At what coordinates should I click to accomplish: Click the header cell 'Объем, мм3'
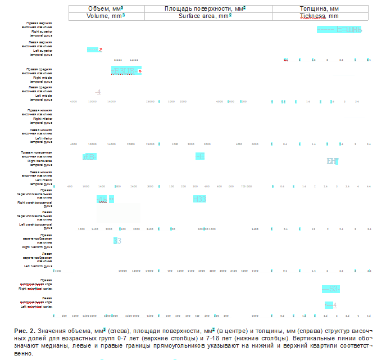(x=106, y=9)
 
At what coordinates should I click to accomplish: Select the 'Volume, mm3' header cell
(x=106, y=17)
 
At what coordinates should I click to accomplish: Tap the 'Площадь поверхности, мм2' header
(x=208, y=9)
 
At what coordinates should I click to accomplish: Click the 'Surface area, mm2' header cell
(x=208, y=17)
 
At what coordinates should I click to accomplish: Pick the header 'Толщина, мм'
(x=319, y=9)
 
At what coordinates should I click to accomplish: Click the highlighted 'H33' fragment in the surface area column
(x=199, y=199)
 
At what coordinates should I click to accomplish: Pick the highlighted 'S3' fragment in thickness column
(x=330, y=289)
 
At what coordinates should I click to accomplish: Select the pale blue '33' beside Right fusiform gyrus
(x=117, y=241)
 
